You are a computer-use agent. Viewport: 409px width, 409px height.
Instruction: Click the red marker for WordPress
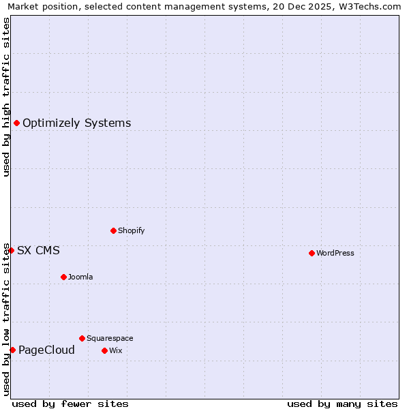pos(312,253)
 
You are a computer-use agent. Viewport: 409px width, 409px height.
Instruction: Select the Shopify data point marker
pos(113,230)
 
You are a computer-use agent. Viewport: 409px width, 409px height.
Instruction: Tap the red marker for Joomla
pos(63,277)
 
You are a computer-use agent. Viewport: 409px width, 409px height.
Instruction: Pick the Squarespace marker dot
pos(82,338)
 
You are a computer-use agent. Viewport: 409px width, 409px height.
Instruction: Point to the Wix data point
pos(104,350)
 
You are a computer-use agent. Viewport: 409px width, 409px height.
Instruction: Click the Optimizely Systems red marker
pos(16,123)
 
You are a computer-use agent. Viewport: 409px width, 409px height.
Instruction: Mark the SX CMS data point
pos(11,250)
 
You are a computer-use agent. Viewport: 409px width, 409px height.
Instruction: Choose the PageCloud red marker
pos(12,350)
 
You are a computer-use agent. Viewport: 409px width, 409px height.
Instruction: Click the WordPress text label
pos(335,253)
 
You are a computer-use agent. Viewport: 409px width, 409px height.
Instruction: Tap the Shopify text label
pos(131,230)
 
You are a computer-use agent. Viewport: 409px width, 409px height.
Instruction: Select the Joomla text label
pos(80,277)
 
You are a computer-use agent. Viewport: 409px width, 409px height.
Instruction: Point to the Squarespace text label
pos(110,338)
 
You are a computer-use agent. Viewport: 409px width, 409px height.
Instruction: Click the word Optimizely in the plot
pos(51,123)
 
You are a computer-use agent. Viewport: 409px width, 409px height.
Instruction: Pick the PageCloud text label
pos(46,350)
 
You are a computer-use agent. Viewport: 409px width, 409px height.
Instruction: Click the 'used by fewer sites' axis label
pos(70,404)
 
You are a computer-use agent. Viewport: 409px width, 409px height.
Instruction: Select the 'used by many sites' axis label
pos(342,404)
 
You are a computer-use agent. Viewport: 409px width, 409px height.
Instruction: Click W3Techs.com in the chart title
pos(368,7)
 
